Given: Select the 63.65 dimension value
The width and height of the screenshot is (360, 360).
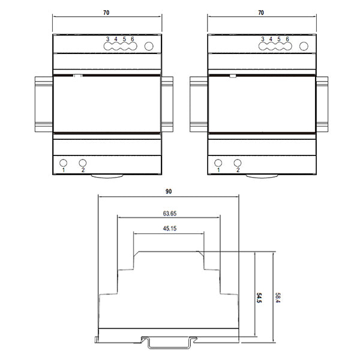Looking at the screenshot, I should (x=169, y=212).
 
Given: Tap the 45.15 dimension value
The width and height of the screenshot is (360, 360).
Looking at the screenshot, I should (x=169, y=229).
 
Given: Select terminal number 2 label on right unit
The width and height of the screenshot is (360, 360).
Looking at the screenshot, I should (x=238, y=170).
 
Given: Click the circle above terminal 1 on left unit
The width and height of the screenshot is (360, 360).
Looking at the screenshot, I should (x=62, y=162).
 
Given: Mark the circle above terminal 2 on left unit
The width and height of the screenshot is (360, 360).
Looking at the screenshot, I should (x=83, y=162).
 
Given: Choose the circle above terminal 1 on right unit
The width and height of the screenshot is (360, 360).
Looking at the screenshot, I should (x=218, y=162).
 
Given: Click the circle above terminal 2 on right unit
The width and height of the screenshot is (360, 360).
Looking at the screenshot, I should (x=238, y=162).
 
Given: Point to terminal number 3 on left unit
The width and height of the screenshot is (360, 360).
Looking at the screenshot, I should (x=107, y=39).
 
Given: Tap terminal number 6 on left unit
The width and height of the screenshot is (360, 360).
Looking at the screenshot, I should (x=132, y=39).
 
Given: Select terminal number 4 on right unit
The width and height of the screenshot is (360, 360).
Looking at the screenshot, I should (x=271, y=39).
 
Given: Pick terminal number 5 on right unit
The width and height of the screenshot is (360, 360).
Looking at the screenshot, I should (x=280, y=39).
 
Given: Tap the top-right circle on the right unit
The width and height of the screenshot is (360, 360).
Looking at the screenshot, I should (x=304, y=46).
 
